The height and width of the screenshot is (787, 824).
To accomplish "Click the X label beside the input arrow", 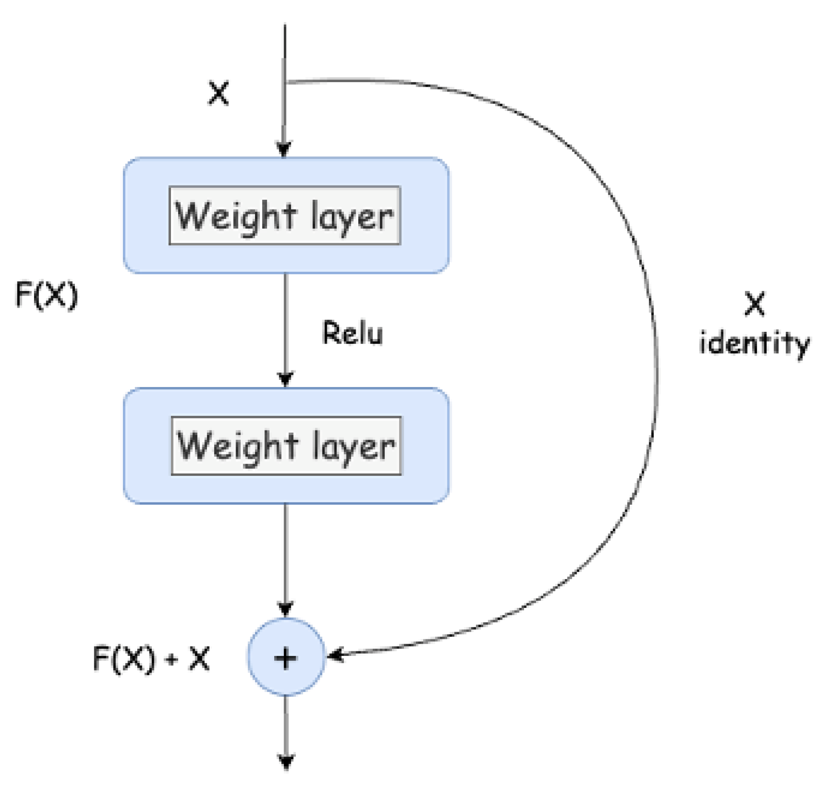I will (218, 93).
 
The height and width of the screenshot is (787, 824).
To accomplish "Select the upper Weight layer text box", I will (284, 215).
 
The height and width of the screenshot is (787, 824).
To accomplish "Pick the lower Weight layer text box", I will (286, 445).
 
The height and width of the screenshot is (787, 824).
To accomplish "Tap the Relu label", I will (353, 333).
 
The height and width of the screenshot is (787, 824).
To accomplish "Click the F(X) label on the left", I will (46, 295).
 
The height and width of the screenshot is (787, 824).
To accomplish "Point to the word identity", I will (754, 344).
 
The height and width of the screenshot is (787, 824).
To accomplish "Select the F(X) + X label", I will (151, 658).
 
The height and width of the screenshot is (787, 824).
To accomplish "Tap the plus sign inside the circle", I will (286, 658).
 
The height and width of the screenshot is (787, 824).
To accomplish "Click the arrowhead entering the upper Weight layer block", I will (284, 149).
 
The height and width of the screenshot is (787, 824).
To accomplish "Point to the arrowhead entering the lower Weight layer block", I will (286, 379).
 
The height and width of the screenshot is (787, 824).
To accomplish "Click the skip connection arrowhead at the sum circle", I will (335, 655).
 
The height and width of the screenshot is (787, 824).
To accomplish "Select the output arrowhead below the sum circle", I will (286, 762).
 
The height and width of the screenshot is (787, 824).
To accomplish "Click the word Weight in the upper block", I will (236, 216).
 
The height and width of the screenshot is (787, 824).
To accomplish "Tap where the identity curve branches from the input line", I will (286, 82).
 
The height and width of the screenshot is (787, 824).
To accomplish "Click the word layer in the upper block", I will (352, 216).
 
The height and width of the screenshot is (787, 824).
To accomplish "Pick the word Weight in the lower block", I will (237, 446).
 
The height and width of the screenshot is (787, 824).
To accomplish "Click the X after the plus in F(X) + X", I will (199, 658).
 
